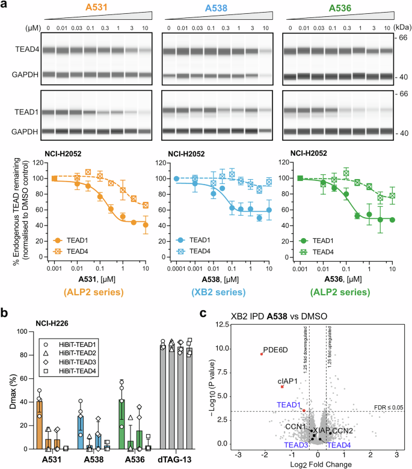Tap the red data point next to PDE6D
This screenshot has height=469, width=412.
[x=261, y=354]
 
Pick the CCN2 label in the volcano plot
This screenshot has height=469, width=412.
[x=341, y=431]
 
